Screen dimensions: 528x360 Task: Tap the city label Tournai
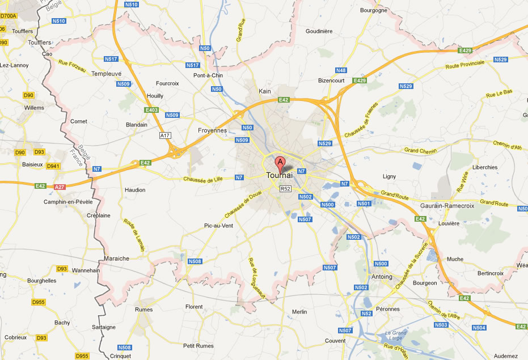[280, 176]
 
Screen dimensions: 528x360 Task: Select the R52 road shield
[285, 189]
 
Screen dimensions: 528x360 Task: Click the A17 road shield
[165, 135]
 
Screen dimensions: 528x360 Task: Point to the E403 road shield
[151, 110]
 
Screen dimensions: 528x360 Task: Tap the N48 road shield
[340, 70]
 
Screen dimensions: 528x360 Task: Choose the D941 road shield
[53, 166]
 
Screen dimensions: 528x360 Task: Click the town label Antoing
[381, 277]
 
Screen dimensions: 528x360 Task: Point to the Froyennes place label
[212, 130]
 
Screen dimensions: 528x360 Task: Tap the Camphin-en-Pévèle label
[68, 202]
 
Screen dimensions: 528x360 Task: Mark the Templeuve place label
[107, 74]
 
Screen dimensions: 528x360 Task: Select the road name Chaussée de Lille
[201, 180]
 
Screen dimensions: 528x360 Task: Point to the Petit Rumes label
[198, 345]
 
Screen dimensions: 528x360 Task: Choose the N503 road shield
[441, 325]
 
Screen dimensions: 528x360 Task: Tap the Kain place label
[265, 91]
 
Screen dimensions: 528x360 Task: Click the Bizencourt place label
[332, 81]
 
